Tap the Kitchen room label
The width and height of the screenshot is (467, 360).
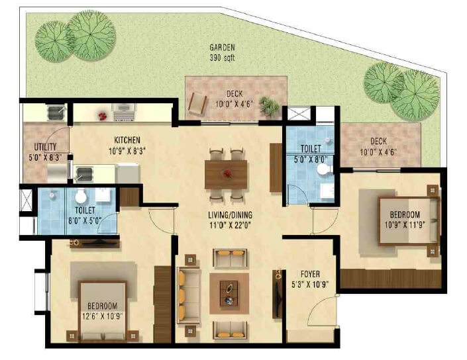point(126,140)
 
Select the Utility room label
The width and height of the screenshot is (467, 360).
point(46,147)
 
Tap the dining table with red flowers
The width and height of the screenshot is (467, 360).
point(227,175)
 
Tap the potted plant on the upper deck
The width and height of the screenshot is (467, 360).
point(268,105)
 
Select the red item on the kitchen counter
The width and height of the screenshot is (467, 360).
point(103,116)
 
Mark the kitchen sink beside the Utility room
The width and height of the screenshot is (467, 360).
point(84,175)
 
